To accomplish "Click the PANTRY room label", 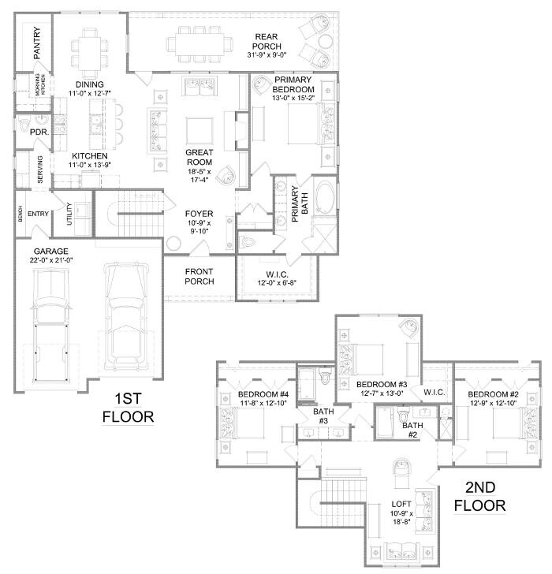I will [36, 43].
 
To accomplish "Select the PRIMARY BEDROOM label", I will [294, 84].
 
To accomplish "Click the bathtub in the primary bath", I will [325, 198].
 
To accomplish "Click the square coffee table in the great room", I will [199, 129].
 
